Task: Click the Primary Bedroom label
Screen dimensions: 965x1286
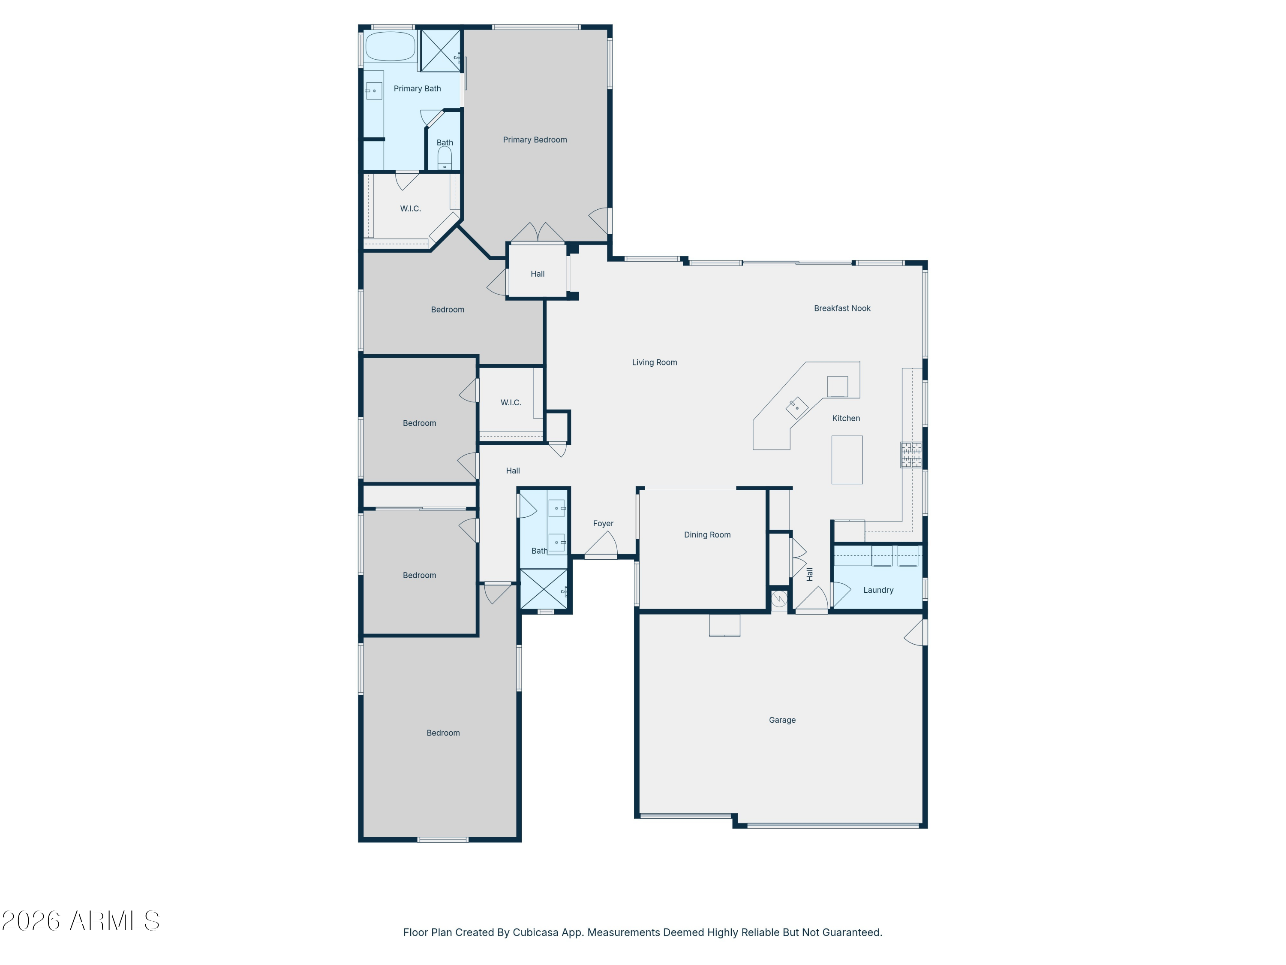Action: click(534, 139)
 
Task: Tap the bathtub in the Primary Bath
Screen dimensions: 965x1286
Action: click(390, 46)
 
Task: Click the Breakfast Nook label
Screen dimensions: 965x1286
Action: click(842, 308)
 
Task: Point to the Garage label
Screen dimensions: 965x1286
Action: click(782, 720)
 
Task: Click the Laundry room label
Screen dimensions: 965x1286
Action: click(878, 590)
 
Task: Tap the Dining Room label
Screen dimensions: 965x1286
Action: click(707, 534)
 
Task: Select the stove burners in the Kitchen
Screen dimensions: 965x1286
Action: click(911, 454)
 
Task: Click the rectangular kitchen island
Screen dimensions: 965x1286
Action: click(847, 459)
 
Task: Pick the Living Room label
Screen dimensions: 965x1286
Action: click(654, 362)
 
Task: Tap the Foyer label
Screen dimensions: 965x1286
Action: click(603, 524)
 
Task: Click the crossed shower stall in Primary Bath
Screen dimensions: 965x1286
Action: click(440, 51)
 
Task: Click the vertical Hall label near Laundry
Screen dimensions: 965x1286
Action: click(809, 574)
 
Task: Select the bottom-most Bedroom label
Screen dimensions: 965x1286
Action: click(443, 733)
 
